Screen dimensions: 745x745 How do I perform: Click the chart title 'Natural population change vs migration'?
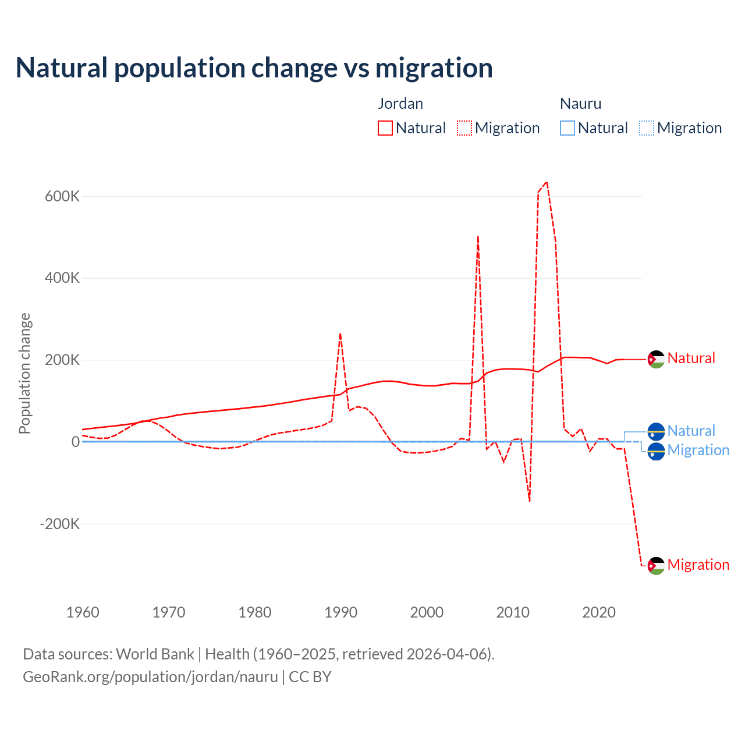pyautogui.click(x=254, y=68)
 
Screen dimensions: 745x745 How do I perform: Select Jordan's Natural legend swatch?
pyautogui.click(x=385, y=128)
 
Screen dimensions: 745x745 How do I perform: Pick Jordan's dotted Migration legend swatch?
pyautogui.click(x=464, y=128)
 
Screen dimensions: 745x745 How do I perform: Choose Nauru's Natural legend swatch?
pyautogui.click(x=567, y=128)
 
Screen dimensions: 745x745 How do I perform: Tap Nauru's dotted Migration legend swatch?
pyautogui.click(x=647, y=128)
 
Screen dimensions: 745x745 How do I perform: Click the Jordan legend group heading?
pyautogui.click(x=400, y=104)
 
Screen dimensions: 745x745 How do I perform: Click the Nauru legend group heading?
pyautogui.click(x=580, y=104)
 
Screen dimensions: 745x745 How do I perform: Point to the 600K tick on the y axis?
pyautogui.click(x=62, y=196)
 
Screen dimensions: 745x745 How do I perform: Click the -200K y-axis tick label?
pyautogui.click(x=59, y=524)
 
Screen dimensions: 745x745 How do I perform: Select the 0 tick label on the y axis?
pyautogui.click(x=76, y=442)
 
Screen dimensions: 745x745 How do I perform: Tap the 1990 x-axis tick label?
pyautogui.click(x=341, y=612)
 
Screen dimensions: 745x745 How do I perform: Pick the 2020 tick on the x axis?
pyautogui.click(x=599, y=612)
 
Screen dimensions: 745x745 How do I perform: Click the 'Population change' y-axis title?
pyautogui.click(x=24, y=374)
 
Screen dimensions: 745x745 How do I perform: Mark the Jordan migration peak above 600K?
pyautogui.click(x=546, y=182)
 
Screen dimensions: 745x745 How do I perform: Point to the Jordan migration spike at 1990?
pyautogui.click(x=340, y=334)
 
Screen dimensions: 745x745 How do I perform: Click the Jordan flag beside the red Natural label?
pyautogui.click(x=656, y=359)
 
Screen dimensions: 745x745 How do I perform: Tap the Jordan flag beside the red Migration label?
pyautogui.click(x=656, y=566)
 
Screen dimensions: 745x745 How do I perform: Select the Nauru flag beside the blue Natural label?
pyautogui.click(x=656, y=432)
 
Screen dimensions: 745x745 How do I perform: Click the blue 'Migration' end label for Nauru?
pyautogui.click(x=698, y=450)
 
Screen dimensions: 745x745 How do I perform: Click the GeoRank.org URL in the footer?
pyautogui.click(x=150, y=677)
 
